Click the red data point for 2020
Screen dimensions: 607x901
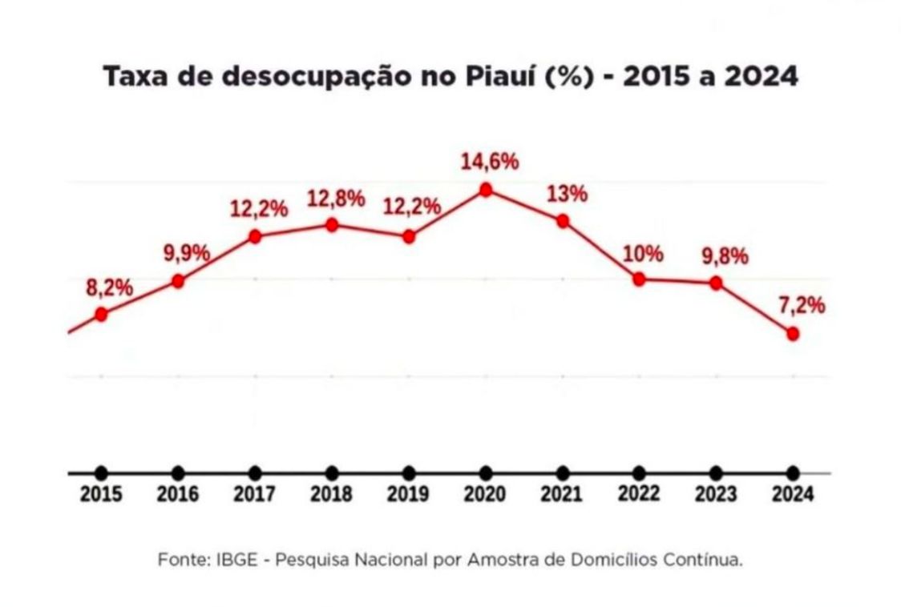(x=485, y=190)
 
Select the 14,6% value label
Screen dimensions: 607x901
(x=489, y=161)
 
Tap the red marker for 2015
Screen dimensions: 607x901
(x=101, y=314)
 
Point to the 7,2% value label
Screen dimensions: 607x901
(x=801, y=306)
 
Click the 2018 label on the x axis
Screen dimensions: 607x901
(x=331, y=494)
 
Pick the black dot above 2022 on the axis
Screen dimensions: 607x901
(x=639, y=472)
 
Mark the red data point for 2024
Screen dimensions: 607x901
(x=793, y=334)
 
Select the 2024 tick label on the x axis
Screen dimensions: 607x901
(x=792, y=494)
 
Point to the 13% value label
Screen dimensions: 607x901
(x=567, y=195)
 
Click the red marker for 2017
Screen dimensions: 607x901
(x=255, y=236)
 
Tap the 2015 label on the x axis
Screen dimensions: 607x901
(x=101, y=494)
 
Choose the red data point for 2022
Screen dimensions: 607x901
(x=639, y=279)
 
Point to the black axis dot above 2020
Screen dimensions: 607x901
(x=485, y=472)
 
